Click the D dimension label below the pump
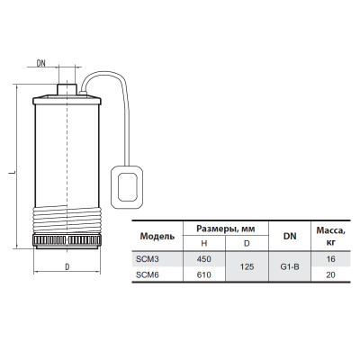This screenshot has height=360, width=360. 67,267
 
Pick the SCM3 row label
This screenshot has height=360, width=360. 148,257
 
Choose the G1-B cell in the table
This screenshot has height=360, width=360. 289,265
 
